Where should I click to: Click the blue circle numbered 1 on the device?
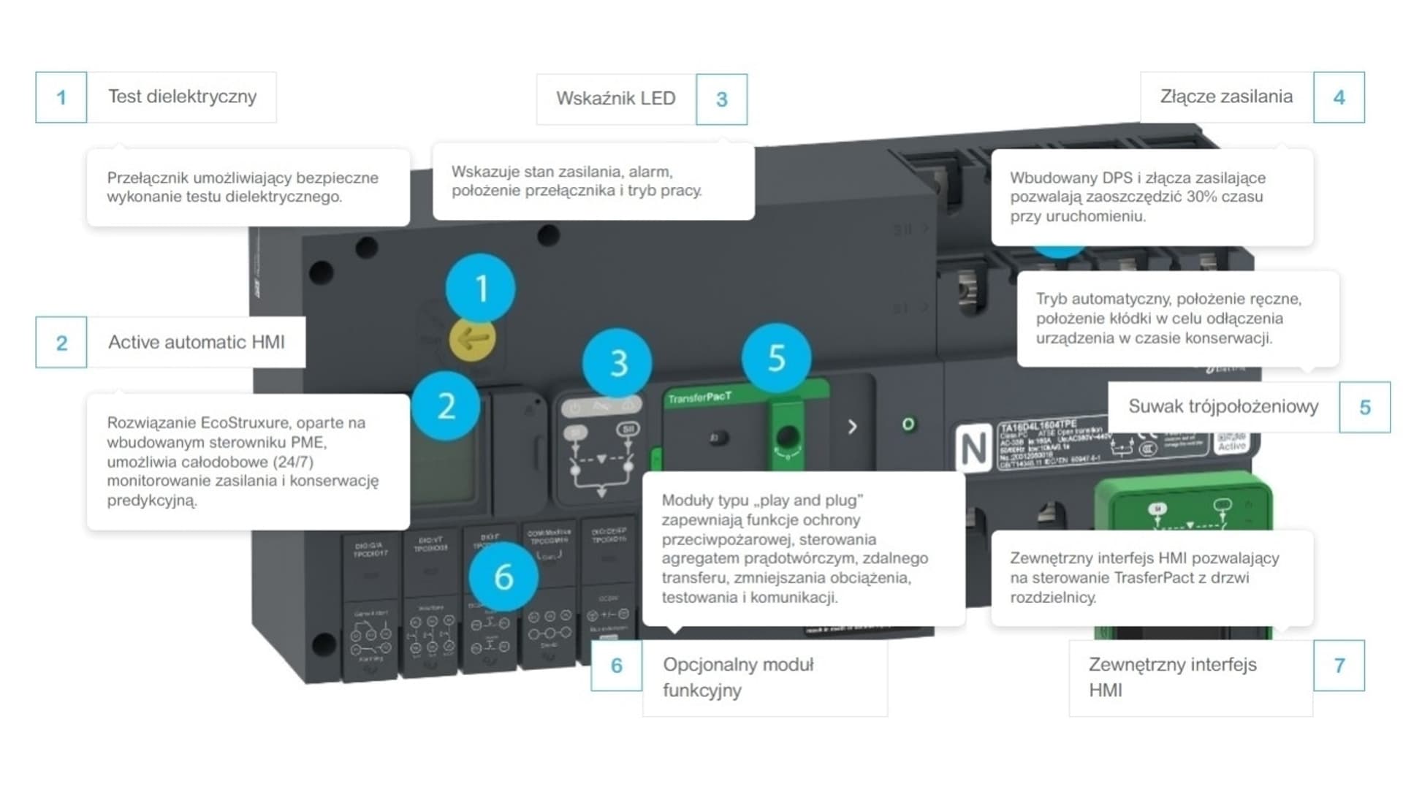pos(480,288)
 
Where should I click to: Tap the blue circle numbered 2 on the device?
pos(446,405)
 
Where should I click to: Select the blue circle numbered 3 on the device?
pos(618,363)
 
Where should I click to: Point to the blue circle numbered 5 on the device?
pos(776,358)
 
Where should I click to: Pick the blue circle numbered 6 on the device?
pos(503,576)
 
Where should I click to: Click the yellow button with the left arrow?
pos(471,339)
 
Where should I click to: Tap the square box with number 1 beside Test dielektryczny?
pos(61,97)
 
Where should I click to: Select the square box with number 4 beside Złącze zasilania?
pos(1339,97)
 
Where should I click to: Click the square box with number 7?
pos(1339,666)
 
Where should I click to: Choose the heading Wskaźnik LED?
pos(615,99)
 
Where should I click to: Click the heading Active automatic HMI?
pos(196,342)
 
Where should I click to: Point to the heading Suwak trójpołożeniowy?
pos(1223,406)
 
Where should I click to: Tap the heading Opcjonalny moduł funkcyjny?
pos(738,677)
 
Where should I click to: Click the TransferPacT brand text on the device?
pos(699,397)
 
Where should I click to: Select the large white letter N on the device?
pos(973,448)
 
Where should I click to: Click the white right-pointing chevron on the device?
pos(852,427)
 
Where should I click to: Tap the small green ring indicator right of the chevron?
pos(908,424)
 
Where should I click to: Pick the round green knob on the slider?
pos(787,438)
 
